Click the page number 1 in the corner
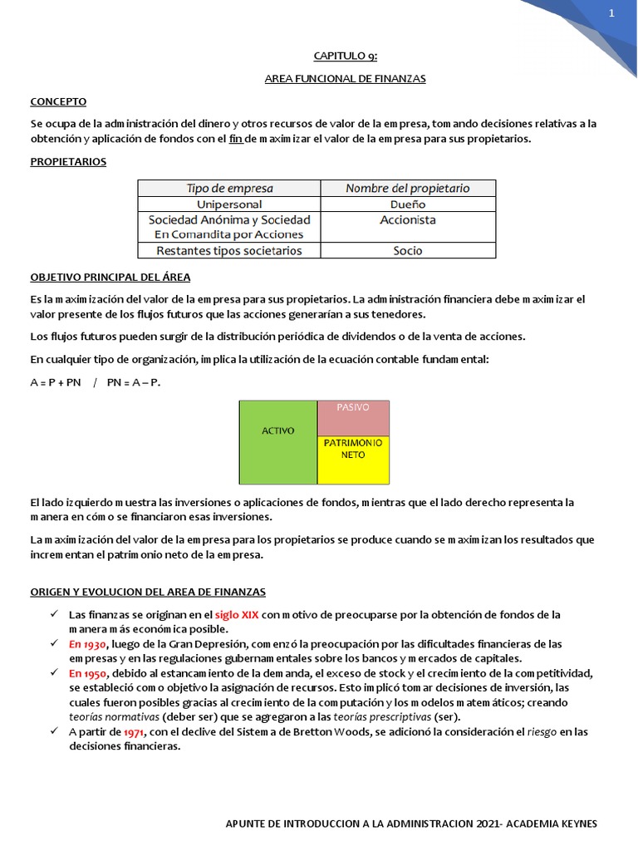611,13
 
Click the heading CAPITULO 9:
345,56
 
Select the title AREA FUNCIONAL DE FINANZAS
345,79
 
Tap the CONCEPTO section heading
58,101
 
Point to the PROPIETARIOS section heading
68,162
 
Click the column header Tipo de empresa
229,188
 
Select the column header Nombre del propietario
407,188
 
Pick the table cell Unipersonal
229,204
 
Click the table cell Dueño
407,204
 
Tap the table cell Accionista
407,220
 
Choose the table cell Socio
407,250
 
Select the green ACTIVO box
278,442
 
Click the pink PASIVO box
353,418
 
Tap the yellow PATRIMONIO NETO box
353,460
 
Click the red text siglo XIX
238,614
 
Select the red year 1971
134,732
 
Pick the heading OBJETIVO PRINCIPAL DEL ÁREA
110,277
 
